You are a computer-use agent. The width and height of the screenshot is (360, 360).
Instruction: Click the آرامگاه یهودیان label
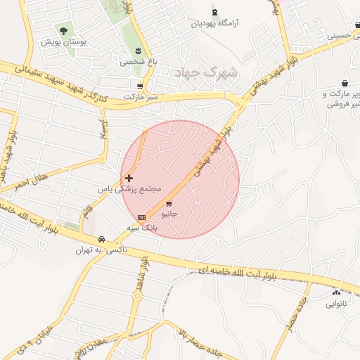coord(214,23)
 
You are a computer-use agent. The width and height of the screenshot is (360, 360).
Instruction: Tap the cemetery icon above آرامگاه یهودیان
coord(214,12)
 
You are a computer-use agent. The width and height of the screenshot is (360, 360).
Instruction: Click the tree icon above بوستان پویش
coord(64,31)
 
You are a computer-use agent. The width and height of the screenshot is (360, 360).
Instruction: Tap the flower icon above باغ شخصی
coord(139,50)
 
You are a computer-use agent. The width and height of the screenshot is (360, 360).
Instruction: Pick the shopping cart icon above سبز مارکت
coord(141,86)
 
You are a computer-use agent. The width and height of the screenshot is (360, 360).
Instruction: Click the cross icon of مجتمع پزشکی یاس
coord(128,179)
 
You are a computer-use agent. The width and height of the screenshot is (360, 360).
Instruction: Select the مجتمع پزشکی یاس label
coord(130,190)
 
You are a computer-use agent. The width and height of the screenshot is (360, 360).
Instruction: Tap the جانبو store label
coord(169,212)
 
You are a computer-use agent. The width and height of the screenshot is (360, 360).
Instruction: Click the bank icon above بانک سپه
coord(141,217)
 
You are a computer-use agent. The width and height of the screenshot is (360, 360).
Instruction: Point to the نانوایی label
coord(335,304)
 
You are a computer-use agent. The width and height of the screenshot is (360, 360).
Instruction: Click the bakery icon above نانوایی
coord(336,292)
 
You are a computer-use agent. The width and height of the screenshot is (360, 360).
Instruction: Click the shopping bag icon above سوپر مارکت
coord(345,83)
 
